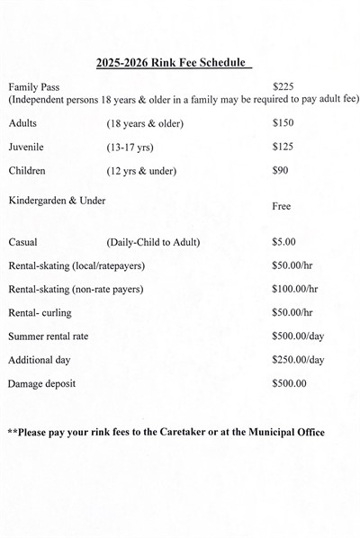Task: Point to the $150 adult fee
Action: coord(283,121)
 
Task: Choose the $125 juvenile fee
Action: coord(283,146)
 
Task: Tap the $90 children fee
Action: coord(280,170)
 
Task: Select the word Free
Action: coord(282,206)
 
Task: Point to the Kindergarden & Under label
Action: coord(56,200)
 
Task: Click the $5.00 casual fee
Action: coord(284,242)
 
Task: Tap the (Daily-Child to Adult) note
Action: coord(153,242)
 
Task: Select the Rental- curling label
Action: coord(40,312)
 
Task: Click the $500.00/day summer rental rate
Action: coord(297,336)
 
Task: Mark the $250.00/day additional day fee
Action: coord(297,360)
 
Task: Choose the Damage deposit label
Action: coord(41,384)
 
